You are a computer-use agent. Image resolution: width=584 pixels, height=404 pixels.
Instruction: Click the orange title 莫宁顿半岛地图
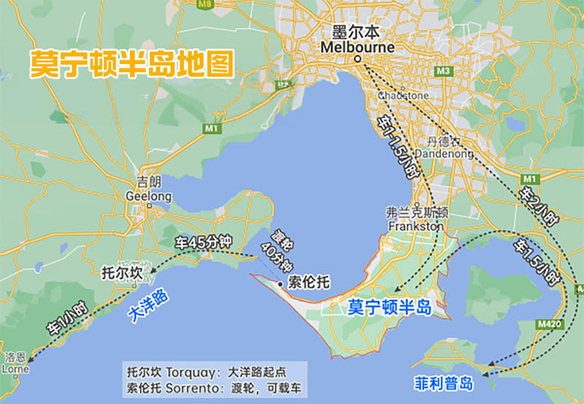[131, 64]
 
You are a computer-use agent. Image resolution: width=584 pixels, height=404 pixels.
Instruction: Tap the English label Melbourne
[357, 47]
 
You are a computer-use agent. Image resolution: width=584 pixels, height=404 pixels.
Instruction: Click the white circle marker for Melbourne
[358, 58]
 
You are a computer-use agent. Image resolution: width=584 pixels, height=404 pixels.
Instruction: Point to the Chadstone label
[404, 95]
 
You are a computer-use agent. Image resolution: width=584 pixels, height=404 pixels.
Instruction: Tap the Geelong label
[149, 197]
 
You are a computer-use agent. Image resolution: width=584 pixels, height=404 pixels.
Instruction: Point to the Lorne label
[15, 369]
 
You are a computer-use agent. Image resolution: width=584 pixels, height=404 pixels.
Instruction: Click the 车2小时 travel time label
[537, 207]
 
